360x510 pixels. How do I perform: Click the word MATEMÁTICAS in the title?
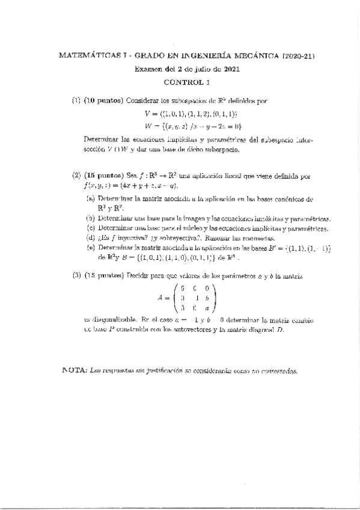click(x=83, y=56)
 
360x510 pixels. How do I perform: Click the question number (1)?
click(x=76, y=100)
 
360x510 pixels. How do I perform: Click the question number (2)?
click(x=76, y=176)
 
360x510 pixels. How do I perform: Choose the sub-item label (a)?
click(x=90, y=198)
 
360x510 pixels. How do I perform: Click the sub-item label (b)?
click(x=90, y=218)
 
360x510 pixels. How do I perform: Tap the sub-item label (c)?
click(x=90, y=229)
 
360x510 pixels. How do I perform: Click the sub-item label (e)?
click(x=90, y=248)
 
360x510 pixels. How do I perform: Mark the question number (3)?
click(x=76, y=275)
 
